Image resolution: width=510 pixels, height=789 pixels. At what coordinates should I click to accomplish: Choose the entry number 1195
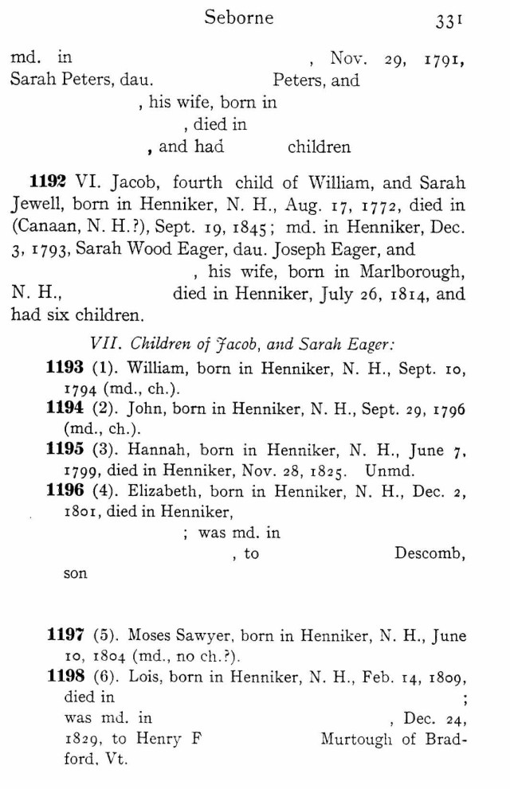[66, 450]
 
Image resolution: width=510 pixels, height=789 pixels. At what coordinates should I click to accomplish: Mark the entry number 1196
[66, 491]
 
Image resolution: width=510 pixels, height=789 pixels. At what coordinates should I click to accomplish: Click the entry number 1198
[66, 677]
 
